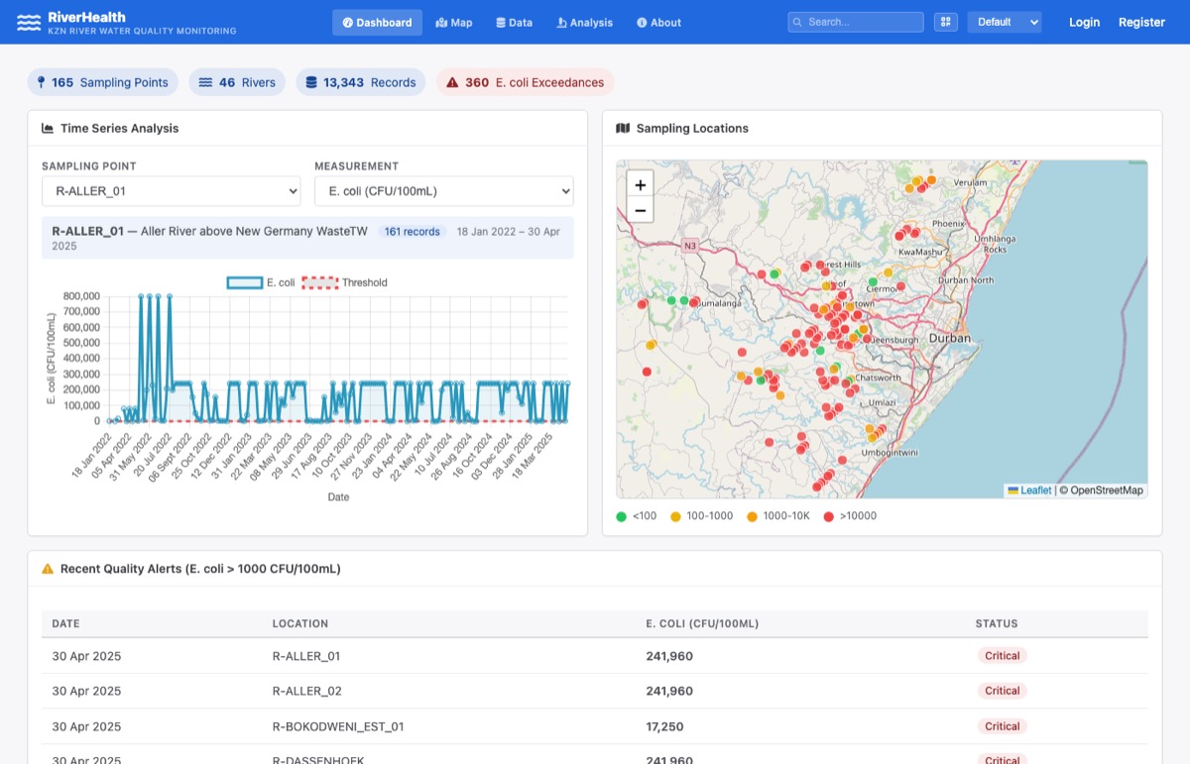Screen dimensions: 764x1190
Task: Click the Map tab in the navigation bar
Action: tap(454, 23)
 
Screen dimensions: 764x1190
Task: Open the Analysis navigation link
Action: tap(585, 23)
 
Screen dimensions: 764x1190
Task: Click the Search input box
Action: tap(857, 22)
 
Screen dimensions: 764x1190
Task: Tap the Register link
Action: tap(1141, 22)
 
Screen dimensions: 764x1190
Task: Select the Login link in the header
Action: tap(1084, 22)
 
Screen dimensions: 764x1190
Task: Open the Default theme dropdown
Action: tap(1005, 22)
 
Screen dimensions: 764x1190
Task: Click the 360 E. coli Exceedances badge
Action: tap(525, 82)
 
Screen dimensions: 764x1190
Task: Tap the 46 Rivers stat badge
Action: tap(237, 82)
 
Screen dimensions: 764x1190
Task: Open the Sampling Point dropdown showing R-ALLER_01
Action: tap(171, 190)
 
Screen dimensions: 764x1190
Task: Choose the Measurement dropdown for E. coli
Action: tap(443, 190)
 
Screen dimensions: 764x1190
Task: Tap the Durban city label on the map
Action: tap(950, 339)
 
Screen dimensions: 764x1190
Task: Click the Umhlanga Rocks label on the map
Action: tap(995, 244)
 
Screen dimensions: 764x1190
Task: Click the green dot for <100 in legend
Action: tap(622, 516)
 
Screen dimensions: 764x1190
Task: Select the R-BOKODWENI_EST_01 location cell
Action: tap(337, 726)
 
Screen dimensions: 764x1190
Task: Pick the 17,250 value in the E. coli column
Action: tap(664, 726)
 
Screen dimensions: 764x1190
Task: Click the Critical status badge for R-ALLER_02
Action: tap(1002, 691)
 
